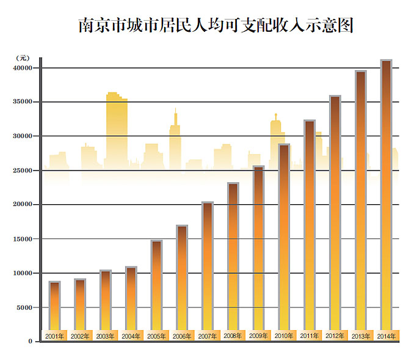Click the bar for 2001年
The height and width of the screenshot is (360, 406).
coord(55,306)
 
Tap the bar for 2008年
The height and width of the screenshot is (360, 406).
coord(233,257)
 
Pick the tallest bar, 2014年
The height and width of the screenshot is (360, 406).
coord(386,196)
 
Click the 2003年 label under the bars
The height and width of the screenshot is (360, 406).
coord(105,336)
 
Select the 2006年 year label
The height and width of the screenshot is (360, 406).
coord(181,336)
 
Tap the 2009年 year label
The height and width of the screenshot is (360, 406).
coord(258,336)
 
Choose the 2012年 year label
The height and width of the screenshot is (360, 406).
coord(335,336)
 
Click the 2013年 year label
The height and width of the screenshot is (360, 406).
coord(360,336)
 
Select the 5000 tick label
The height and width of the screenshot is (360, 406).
coord(25,307)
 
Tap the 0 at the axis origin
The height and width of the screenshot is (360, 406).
coord(30,341)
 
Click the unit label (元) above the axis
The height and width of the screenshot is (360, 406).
coord(22,57)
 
